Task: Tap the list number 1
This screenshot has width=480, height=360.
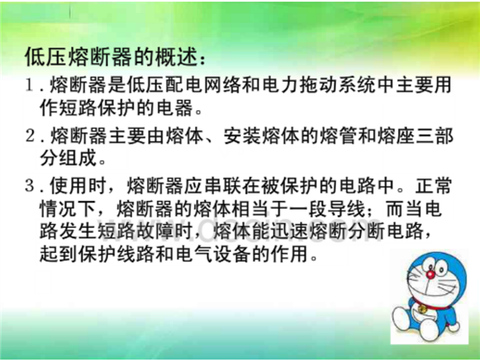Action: coord(30,85)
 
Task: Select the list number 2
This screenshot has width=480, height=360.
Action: coord(30,135)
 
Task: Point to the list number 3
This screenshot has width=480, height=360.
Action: coord(30,186)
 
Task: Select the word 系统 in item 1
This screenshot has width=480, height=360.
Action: coord(355,84)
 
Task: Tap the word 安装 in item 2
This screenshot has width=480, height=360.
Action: coord(242,135)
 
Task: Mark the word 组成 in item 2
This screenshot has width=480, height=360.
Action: coord(78,158)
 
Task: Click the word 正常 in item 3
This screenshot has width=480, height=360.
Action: coord(433,186)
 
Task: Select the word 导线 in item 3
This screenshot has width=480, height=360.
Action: coord(346,210)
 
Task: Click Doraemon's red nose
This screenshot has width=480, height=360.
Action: coord(430,274)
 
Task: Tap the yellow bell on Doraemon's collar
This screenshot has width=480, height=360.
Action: coord(423,309)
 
